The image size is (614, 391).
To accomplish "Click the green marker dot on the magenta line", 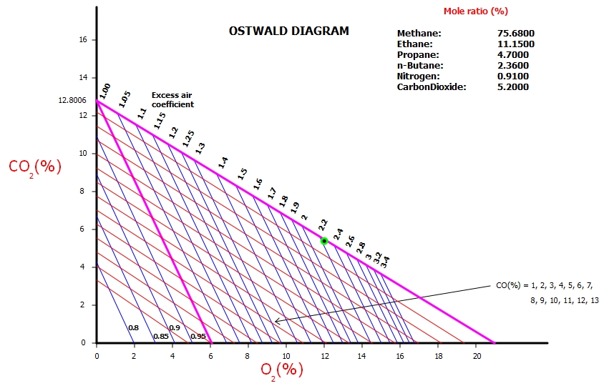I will point(324,241).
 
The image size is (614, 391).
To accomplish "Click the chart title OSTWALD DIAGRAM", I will point(288,31).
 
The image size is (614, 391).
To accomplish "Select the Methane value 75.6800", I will point(516,34).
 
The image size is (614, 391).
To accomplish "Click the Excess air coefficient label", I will point(172,99).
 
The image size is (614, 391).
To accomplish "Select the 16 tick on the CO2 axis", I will point(83,40).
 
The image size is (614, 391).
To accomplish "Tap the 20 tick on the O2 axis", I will point(476,354).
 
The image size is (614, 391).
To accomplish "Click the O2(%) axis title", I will point(281,370).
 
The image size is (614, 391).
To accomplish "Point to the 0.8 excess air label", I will point(133,327).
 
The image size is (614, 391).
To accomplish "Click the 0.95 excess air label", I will point(198,336).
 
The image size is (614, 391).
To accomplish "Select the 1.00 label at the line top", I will point(105,90).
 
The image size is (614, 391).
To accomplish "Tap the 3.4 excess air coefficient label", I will point(385,262).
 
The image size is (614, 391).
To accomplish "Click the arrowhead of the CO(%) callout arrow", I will point(277,322).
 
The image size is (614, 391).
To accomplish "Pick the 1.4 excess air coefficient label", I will point(223,163).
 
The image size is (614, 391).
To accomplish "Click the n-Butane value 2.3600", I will point(516,65).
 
